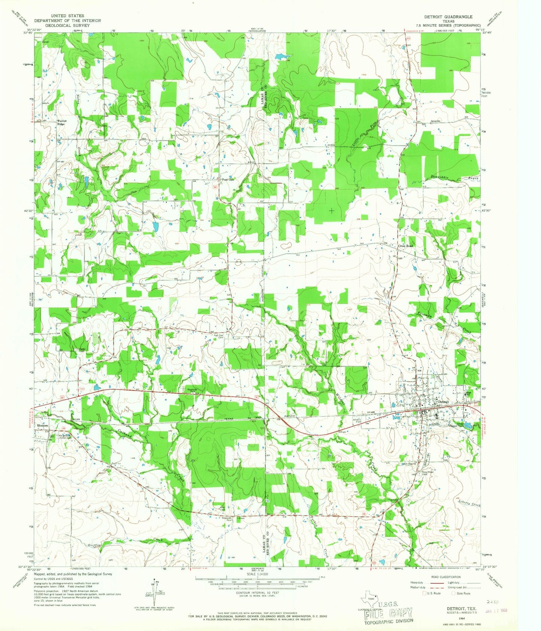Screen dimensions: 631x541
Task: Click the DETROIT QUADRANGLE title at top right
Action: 448,17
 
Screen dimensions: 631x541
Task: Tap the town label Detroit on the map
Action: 443,402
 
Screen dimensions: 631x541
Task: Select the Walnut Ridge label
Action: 61,122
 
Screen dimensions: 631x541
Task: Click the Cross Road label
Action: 405,246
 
